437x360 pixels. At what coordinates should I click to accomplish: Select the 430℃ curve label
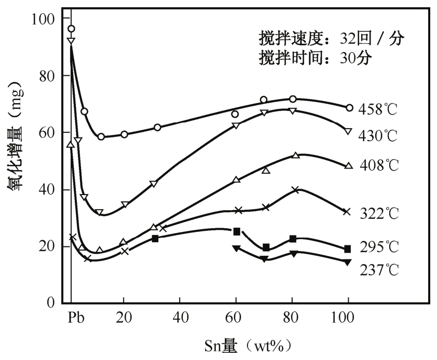coord(377,136)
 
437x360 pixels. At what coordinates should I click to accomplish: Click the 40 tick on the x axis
coord(179,317)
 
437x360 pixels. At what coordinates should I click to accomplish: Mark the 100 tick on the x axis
coord(347,317)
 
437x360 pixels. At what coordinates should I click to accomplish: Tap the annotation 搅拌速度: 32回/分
coord(331,38)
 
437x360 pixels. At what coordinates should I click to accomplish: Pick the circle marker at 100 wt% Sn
coord(349,108)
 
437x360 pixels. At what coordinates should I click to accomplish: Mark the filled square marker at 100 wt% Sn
coord(347,249)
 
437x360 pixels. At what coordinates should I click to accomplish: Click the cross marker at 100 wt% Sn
coord(347,212)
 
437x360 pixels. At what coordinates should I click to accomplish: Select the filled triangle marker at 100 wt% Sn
coord(347,262)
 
